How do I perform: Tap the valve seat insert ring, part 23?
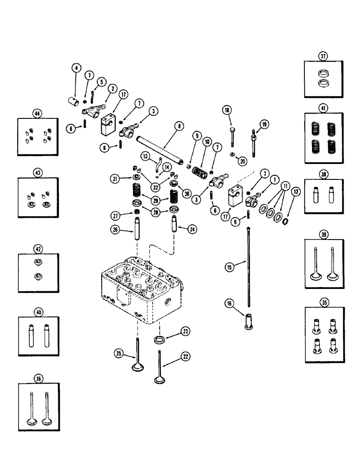click(159, 339)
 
